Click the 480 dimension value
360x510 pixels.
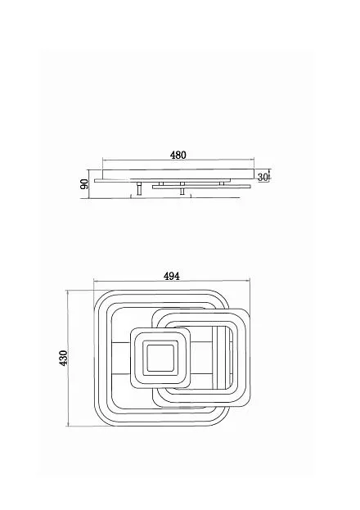[178, 156]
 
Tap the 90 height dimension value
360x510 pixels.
[84, 184]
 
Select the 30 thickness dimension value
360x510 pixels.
[263, 178]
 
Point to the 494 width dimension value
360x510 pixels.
[171, 276]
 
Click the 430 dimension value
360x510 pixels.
[64, 358]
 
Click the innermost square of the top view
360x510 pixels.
[160, 358]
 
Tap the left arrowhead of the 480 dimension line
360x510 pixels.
[104, 160]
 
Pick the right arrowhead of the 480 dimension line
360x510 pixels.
[252, 160]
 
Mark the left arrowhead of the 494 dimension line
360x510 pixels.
[95, 280]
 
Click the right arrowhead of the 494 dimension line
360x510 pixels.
[249, 280]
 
